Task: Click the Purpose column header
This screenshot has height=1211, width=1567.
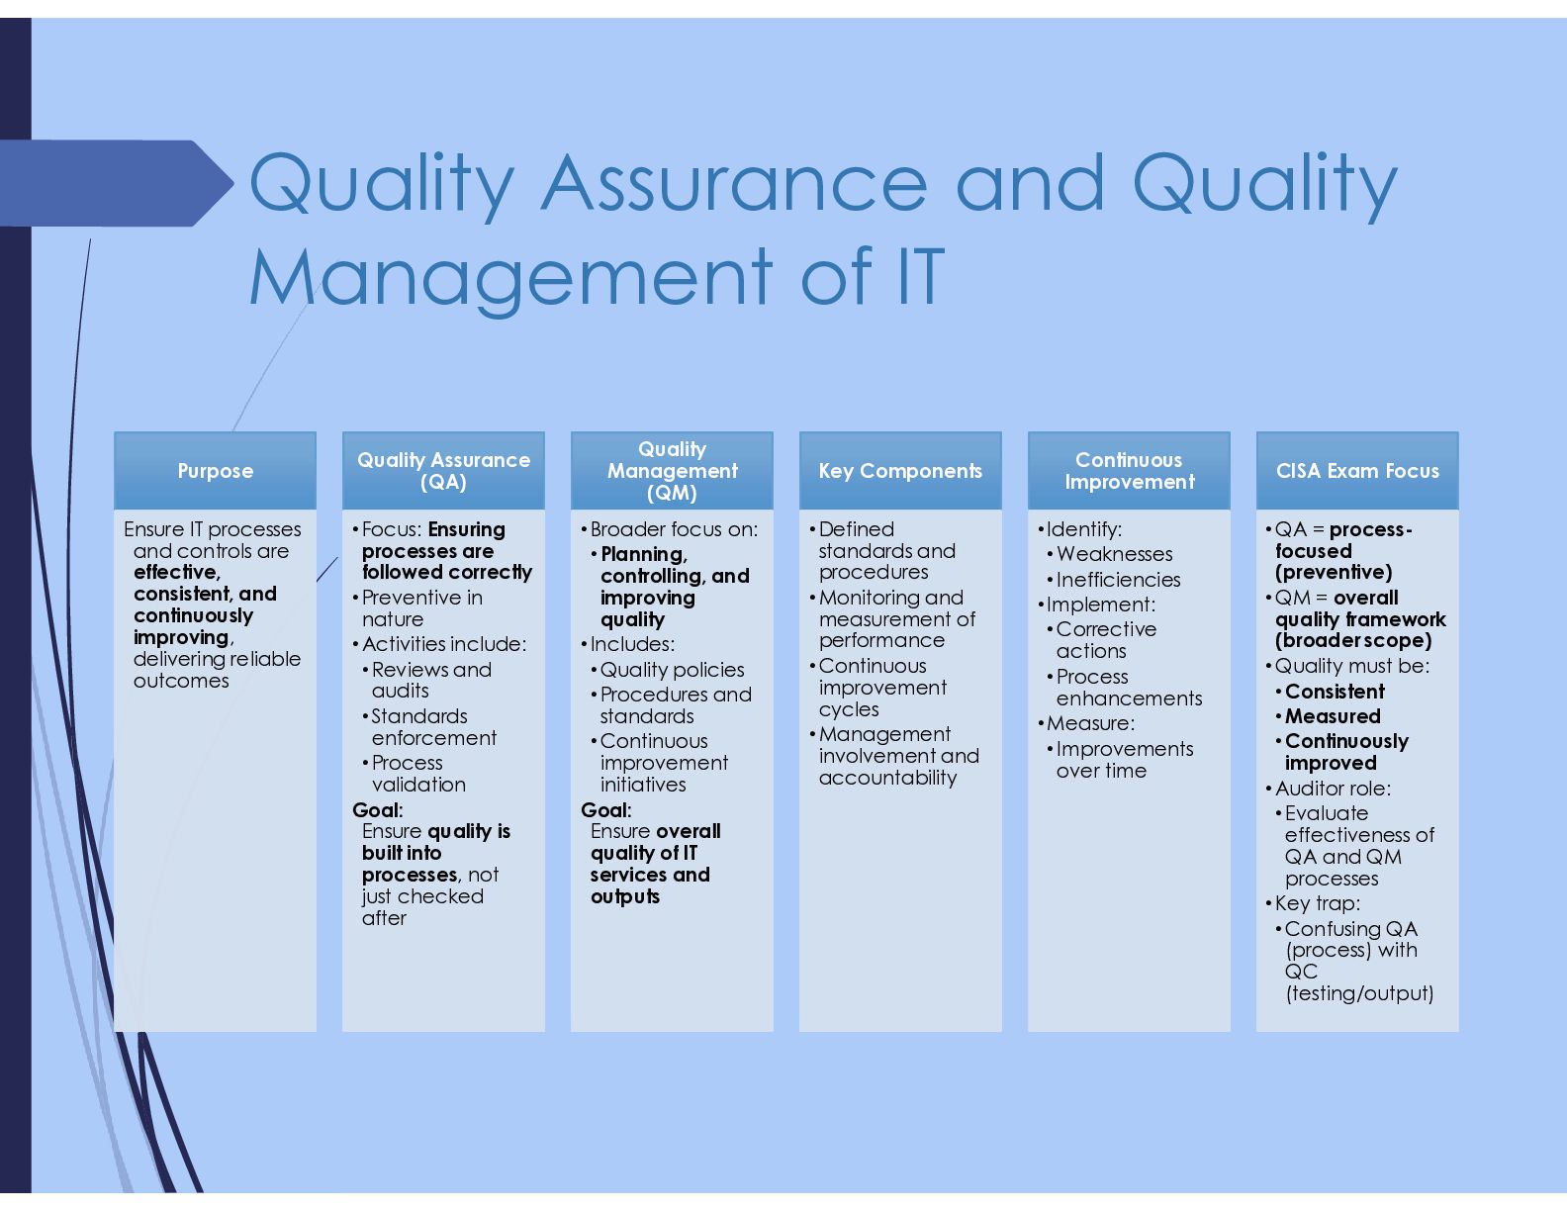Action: coord(215,470)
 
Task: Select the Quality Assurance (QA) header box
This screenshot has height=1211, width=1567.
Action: coord(443,470)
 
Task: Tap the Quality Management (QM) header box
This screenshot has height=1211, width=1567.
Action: coord(672,470)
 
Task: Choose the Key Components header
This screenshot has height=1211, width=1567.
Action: coord(900,470)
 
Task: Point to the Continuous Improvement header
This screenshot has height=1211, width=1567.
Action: coord(1130,470)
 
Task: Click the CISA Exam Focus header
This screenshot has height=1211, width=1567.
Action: coord(1358,470)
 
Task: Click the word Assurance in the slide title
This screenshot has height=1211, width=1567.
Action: coord(734,183)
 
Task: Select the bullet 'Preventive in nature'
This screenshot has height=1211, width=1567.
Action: coord(422,608)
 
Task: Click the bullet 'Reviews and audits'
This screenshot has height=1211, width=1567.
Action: coord(431,680)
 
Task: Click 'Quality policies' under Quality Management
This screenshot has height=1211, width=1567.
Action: coord(672,670)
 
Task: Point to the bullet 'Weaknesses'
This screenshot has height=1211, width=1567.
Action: coord(1114,554)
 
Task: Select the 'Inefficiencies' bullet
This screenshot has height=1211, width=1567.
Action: coord(1119,579)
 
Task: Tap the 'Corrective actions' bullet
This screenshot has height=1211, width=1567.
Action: coord(1106,640)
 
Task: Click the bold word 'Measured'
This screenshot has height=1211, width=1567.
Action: coord(1333,716)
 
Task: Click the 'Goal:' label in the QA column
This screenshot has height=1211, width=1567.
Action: coord(378,810)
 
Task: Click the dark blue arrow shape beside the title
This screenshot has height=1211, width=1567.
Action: coord(117,183)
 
